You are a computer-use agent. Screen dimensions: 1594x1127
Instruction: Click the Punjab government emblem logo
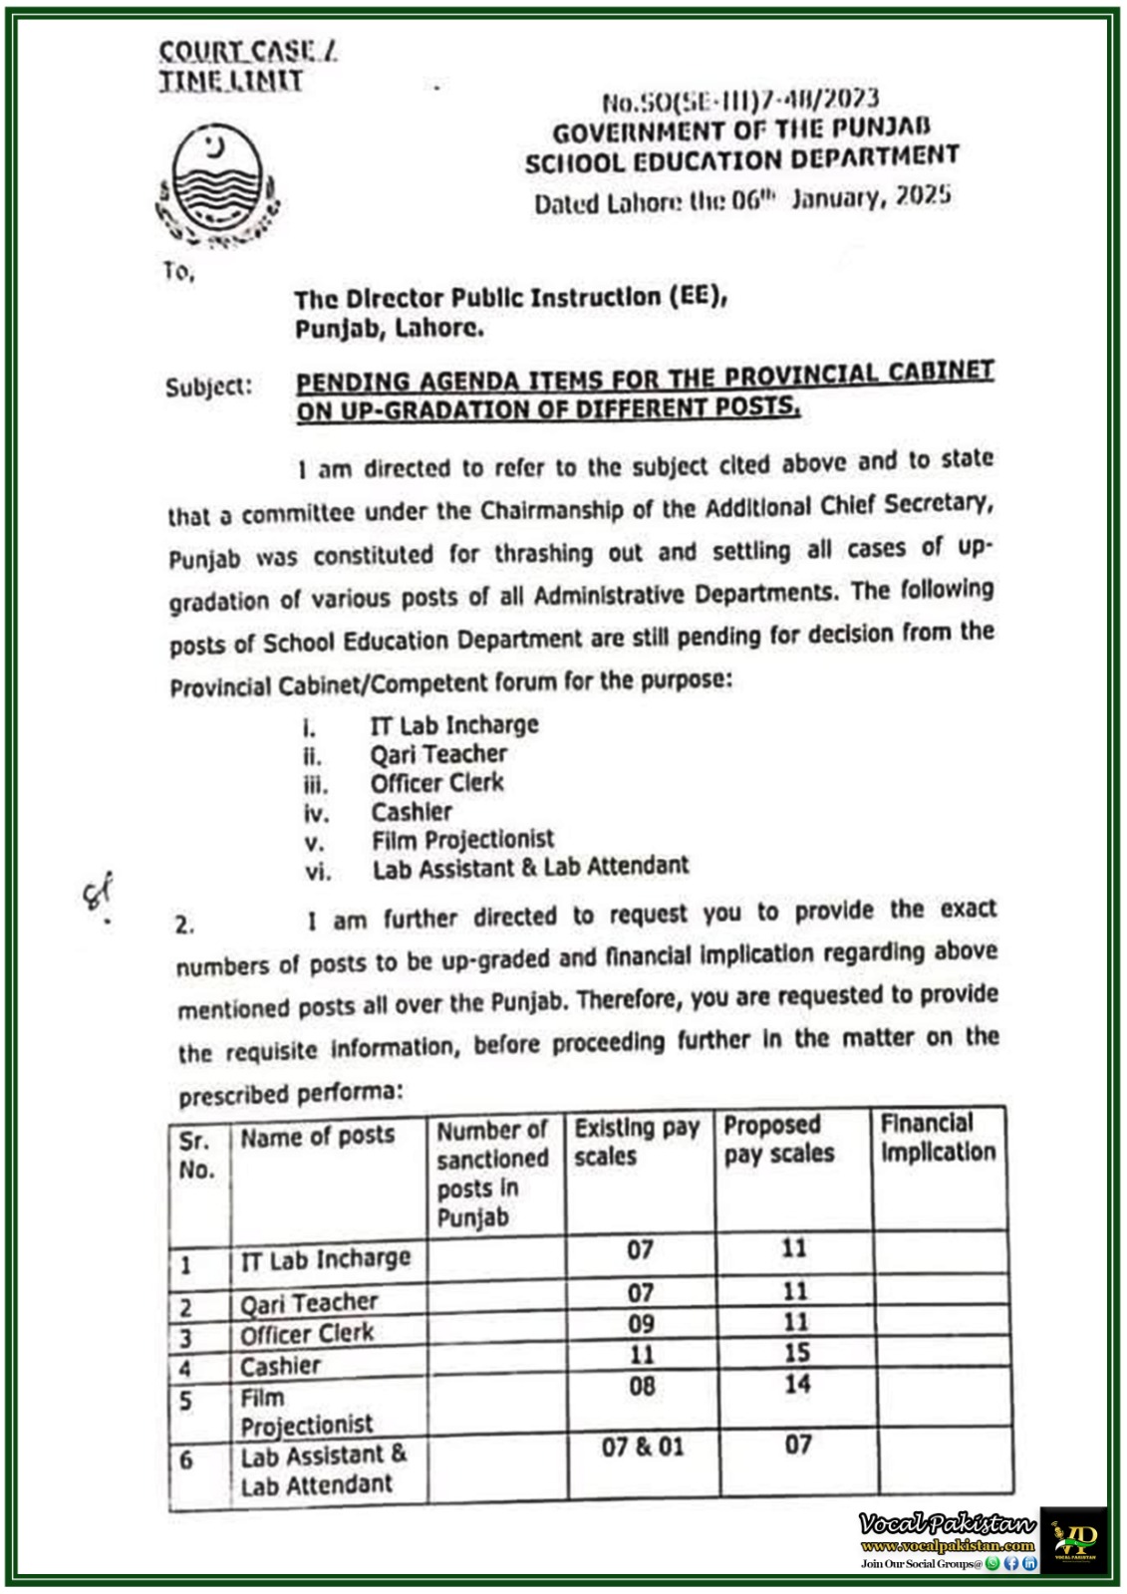(x=215, y=185)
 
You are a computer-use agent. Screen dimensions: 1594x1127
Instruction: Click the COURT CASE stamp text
(x=248, y=52)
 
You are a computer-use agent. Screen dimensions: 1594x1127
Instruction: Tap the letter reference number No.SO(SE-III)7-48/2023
(x=740, y=100)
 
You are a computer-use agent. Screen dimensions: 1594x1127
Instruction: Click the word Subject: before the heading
(x=208, y=387)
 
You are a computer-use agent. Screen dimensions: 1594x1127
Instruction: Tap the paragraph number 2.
(x=184, y=925)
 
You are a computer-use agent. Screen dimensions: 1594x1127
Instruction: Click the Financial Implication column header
(x=937, y=1138)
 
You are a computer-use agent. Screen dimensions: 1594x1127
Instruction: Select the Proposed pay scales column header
(x=778, y=1140)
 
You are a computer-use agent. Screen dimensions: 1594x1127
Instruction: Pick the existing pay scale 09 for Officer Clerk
(x=641, y=1324)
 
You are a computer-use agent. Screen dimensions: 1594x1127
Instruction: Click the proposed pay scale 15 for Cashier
(x=796, y=1353)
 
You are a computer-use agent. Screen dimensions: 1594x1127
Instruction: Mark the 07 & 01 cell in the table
(x=643, y=1447)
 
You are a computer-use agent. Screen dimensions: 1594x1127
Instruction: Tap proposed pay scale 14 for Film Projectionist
(x=797, y=1384)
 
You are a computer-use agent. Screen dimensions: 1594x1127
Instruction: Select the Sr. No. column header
(x=197, y=1155)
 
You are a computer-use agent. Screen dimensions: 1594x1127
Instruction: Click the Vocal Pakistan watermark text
(x=946, y=1523)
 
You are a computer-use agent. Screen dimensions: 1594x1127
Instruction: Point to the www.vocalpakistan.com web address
(x=947, y=1546)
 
